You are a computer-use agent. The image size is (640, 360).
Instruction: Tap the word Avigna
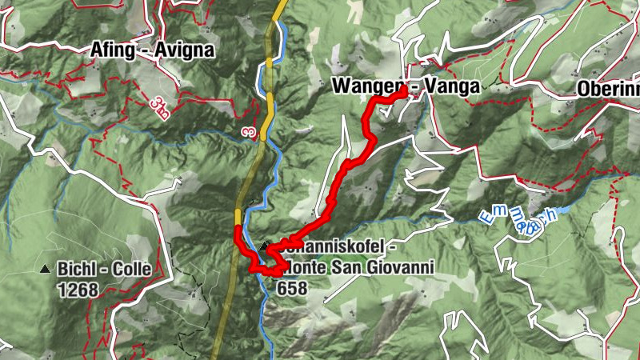[x=185, y=50]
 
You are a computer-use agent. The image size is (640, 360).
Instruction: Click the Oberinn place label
[x=608, y=87]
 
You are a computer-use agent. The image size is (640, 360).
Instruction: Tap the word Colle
[x=131, y=270]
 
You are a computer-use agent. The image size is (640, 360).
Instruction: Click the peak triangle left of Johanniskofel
[x=265, y=246]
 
